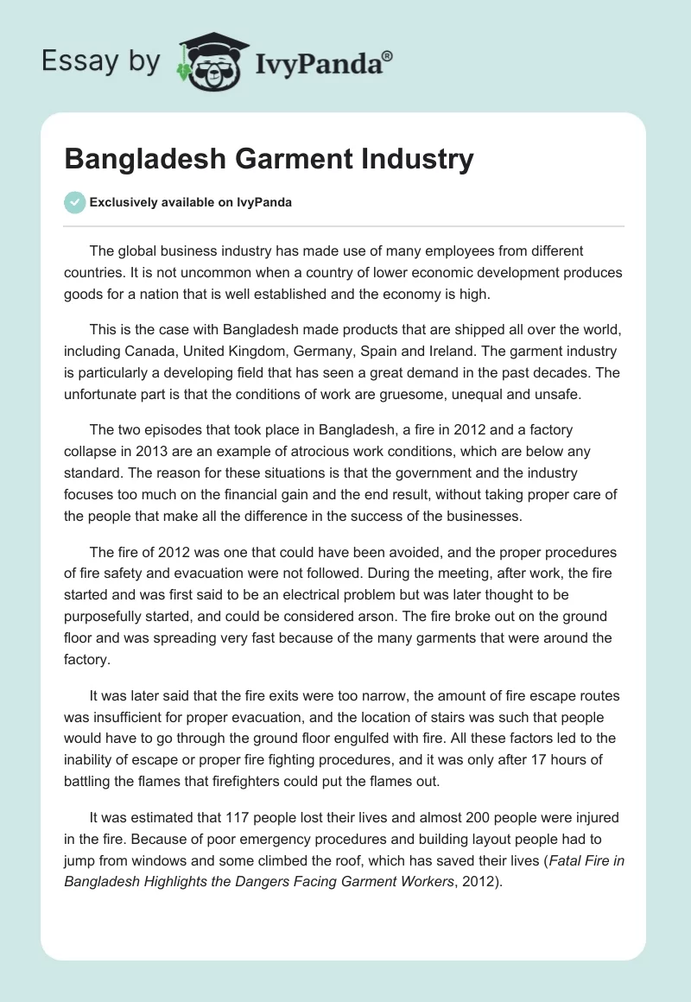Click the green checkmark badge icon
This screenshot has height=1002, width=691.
[74, 202]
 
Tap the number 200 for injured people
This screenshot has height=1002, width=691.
[459, 817]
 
